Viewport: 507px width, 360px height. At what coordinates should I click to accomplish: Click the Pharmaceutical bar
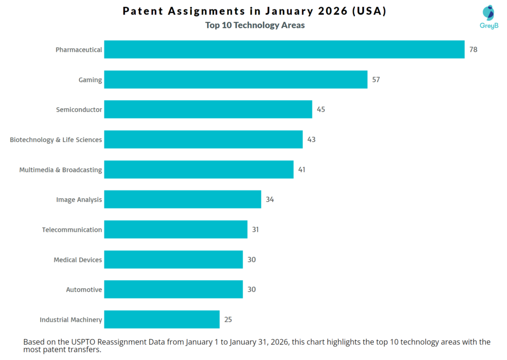tap(284, 50)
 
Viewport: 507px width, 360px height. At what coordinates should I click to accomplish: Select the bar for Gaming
tap(236, 80)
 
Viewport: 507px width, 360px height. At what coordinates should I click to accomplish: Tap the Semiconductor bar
tap(208, 109)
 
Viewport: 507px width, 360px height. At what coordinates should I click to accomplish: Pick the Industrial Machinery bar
tap(162, 319)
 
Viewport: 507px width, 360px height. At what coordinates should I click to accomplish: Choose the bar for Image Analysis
tap(182, 200)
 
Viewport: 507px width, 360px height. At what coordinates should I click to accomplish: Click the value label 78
tap(473, 50)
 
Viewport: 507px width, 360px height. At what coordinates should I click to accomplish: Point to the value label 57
tap(376, 80)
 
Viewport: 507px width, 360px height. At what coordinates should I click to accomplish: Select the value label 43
tap(311, 140)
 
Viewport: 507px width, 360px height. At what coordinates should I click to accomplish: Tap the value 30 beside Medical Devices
tap(252, 259)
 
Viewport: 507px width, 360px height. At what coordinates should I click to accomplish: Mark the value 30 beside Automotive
tap(252, 289)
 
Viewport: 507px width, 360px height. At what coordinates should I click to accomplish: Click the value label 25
tap(228, 319)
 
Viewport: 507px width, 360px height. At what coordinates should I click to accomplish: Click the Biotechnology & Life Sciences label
tap(56, 140)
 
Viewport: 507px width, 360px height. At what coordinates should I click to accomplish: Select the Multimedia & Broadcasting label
tap(60, 170)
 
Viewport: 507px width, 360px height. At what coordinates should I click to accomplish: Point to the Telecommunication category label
tap(72, 230)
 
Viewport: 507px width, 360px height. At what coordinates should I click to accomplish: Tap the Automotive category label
tap(84, 290)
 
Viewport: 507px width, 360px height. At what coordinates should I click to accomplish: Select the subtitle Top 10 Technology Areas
tap(255, 25)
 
